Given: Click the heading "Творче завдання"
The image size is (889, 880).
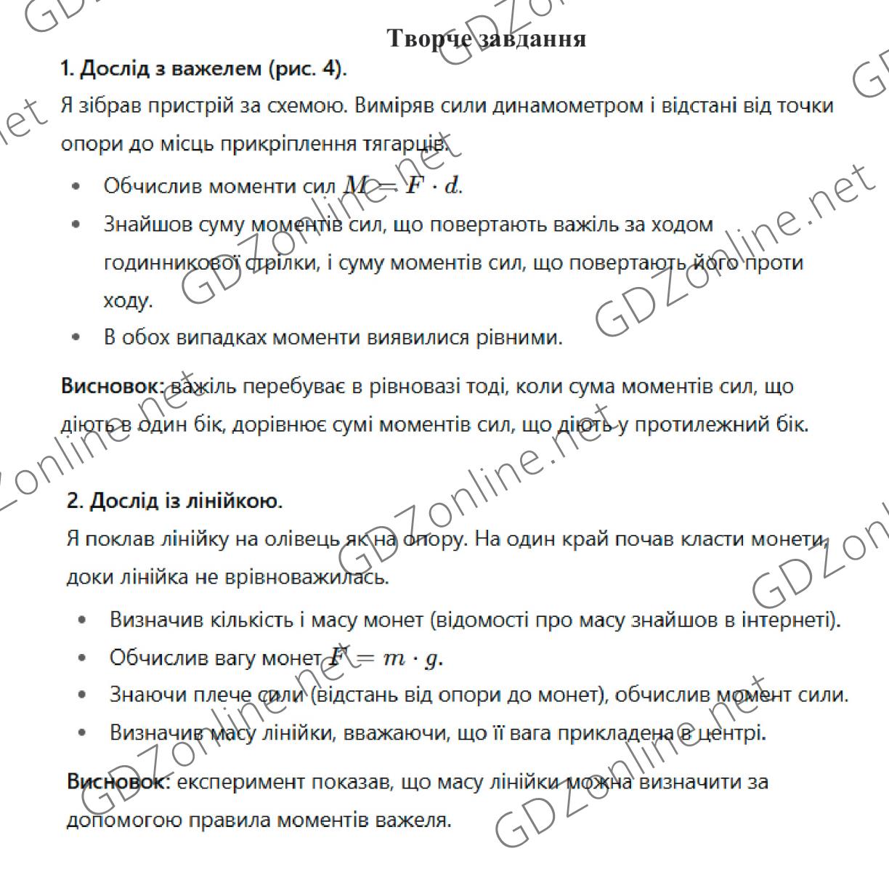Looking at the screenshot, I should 487,37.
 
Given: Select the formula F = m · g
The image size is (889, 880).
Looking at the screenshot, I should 384,658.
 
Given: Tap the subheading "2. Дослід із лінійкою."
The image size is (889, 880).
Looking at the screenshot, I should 174,501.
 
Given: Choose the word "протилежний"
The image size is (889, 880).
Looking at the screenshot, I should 702,424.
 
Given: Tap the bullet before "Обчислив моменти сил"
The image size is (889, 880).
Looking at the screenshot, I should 76,187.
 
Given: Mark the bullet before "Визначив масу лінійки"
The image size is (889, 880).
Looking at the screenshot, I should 82,732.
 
